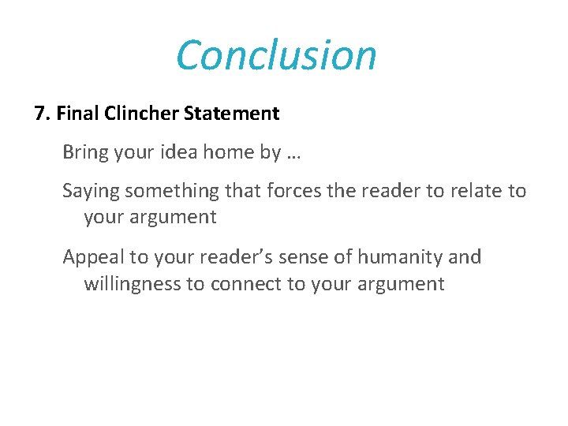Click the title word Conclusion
point(276,55)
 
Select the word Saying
point(91,191)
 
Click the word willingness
point(133,284)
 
